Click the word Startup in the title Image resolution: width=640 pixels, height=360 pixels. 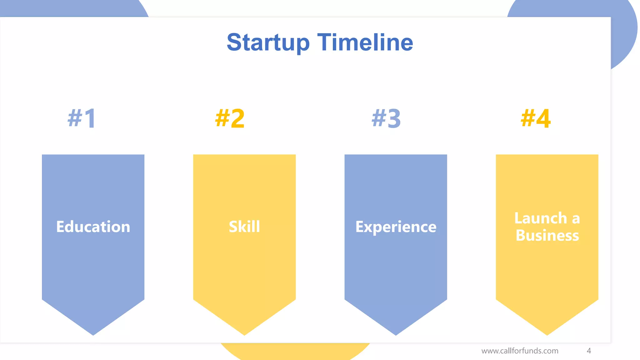[268, 42]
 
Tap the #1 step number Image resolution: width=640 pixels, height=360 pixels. [82, 118]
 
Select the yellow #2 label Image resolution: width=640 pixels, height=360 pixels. [230, 118]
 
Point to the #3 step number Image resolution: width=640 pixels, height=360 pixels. [386, 118]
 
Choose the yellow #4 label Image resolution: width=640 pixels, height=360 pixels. [536, 118]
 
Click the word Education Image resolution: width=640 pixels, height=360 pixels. [93, 227]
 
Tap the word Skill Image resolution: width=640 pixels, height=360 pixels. [244, 227]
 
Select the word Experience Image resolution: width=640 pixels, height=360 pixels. [396, 227]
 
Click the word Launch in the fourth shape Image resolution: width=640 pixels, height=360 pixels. [541, 218]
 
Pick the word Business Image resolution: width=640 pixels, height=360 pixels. [547, 235]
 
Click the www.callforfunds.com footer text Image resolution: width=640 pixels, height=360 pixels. [520, 351]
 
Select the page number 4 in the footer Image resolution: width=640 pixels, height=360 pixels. [589, 351]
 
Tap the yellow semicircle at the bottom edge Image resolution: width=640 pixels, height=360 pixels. [295, 352]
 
